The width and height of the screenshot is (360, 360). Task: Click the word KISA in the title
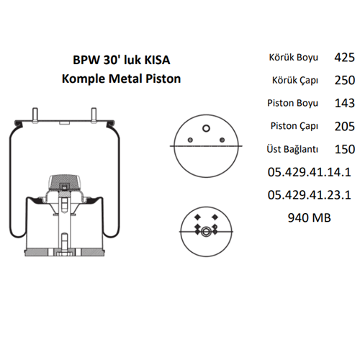(157, 60)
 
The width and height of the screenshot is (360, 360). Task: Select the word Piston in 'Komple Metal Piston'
(163, 78)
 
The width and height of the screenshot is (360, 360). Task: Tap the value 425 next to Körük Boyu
(345, 58)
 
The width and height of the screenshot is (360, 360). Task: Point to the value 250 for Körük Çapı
(345, 80)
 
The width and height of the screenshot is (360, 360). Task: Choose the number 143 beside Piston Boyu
(345, 103)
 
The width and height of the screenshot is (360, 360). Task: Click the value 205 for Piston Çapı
(345, 126)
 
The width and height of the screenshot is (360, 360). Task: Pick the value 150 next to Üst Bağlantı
(345, 149)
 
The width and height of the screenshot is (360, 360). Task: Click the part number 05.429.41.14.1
(310, 172)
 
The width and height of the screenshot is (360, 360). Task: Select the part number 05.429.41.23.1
(310, 195)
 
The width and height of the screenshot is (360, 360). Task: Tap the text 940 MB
(310, 217)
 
